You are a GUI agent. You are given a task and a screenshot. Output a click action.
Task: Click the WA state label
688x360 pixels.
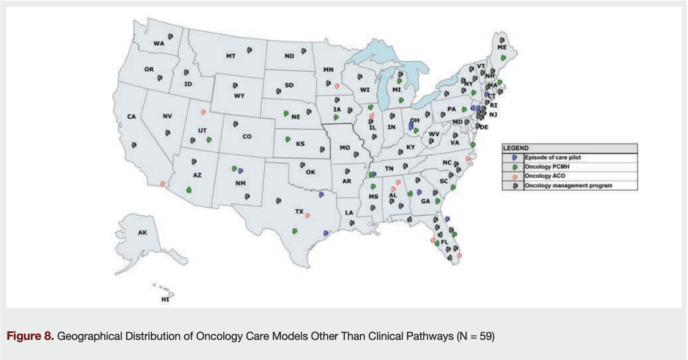(159, 43)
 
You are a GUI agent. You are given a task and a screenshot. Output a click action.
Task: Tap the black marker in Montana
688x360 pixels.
(249, 50)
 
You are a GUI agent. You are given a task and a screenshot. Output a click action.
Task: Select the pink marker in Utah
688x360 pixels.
(204, 112)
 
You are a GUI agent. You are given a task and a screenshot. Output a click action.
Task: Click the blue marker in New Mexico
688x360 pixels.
(241, 171)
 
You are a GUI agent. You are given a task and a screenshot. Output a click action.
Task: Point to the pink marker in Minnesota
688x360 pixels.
(337, 86)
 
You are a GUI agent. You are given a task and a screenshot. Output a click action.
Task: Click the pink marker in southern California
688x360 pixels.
(163, 183)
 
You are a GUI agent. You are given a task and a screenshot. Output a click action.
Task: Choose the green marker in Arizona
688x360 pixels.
(189, 190)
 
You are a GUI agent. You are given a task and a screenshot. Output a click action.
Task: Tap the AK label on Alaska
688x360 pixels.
(143, 232)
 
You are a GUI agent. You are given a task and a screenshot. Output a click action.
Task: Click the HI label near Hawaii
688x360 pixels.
(165, 299)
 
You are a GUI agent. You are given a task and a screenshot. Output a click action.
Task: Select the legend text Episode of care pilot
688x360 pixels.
(553, 157)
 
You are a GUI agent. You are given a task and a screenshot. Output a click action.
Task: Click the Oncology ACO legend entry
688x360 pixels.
(545, 176)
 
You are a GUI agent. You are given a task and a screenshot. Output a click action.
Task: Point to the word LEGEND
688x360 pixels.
(516, 148)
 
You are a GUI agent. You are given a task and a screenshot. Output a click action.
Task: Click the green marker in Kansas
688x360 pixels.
(288, 139)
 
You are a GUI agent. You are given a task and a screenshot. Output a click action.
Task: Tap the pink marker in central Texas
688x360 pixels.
(307, 215)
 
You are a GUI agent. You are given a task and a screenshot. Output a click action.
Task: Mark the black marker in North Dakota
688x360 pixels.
(304, 51)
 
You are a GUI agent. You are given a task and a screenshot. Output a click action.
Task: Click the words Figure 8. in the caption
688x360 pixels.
(30, 336)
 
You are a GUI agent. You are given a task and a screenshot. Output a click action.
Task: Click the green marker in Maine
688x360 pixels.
(503, 58)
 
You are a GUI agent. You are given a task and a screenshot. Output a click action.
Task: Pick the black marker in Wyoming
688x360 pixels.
(235, 85)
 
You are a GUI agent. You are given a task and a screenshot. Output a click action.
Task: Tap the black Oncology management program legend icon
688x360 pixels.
(515, 186)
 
